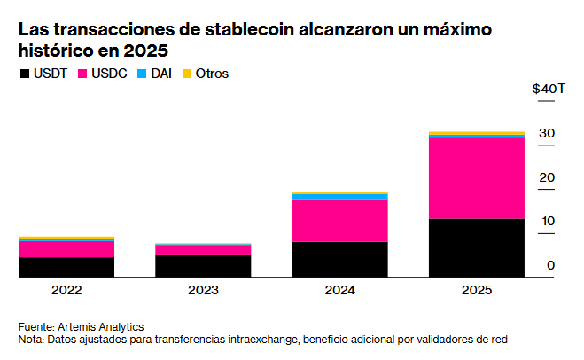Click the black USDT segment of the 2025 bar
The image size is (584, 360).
pyautogui.click(x=477, y=247)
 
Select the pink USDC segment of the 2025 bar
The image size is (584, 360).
pyautogui.click(x=477, y=178)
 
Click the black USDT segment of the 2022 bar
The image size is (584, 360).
pyautogui.click(x=66, y=267)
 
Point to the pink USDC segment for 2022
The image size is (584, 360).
pyautogui.click(x=66, y=249)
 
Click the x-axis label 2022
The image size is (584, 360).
pyautogui.click(x=66, y=290)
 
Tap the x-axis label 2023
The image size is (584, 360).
pyautogui.click(x=203, y=290)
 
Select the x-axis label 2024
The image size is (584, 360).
pyautogui.click(x=340, y=290)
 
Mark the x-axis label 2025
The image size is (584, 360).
pyautogui.click(x=477, y=290)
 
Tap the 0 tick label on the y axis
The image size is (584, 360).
pyautogui.click(x=550, y=265)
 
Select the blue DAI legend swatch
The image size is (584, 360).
pyautogui.click(x=142, y=74)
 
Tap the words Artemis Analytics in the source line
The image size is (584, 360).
pyautogui.click(x=100, y=327)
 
